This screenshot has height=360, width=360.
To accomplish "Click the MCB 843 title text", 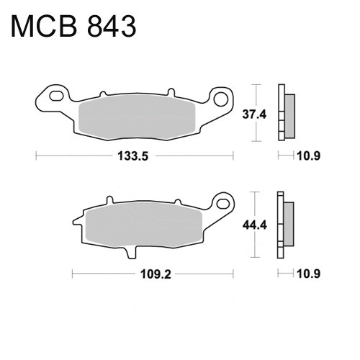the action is click(x=73, y=27).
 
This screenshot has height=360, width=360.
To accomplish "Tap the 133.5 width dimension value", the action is click(x=133, y=156).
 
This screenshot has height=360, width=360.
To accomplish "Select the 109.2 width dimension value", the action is click(x=156, y=274).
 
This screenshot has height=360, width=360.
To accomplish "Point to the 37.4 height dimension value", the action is click(x=254, y=114).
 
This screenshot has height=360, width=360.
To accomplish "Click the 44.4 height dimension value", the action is click(x=254, y=225).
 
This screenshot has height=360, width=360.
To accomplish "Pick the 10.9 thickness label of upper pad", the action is click(x=308, y=156).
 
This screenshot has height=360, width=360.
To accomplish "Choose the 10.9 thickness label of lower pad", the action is click(x=308, y=274).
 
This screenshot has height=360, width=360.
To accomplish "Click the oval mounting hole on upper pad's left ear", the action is click(x=56, y=96).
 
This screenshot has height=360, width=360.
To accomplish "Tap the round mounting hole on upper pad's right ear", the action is click(x=221, y=99).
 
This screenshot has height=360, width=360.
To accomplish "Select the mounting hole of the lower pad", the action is click(x=223, y=204).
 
